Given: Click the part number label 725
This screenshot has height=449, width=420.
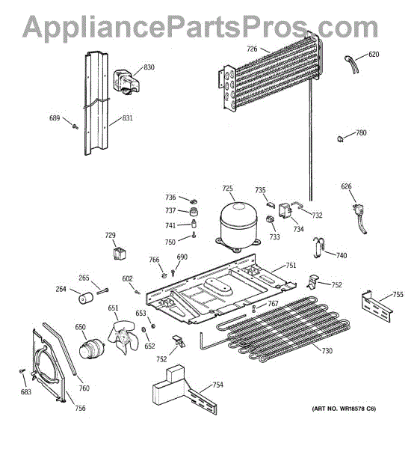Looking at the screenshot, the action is [228, 189].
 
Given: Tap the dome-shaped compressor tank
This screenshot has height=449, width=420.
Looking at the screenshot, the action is [238, 227].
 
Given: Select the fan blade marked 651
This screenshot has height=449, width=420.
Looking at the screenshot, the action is [123, 337].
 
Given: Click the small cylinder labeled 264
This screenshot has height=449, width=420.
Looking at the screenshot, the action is [86, 298].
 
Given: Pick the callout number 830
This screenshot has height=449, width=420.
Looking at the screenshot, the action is [149, 67].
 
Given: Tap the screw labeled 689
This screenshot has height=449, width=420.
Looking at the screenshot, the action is [75, 126].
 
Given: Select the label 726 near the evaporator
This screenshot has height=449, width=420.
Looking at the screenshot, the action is [252, 49].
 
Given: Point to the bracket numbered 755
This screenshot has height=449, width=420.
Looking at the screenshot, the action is [377, 306].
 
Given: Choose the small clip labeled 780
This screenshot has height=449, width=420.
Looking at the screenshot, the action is [340, 139].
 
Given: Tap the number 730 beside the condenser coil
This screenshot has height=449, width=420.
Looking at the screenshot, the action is [327, 350].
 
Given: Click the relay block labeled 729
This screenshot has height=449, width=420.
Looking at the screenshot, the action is [120, 253].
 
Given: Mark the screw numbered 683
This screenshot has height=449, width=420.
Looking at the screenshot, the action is [22, 371].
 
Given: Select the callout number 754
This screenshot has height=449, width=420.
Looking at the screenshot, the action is [217, 385].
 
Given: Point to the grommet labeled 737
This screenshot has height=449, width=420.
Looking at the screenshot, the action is [194, 213].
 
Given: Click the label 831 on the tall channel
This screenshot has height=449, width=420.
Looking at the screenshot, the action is [127, 118].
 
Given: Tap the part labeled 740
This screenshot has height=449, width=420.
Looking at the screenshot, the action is [318, 247].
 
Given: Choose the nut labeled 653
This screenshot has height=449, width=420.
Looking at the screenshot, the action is [153, 326].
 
